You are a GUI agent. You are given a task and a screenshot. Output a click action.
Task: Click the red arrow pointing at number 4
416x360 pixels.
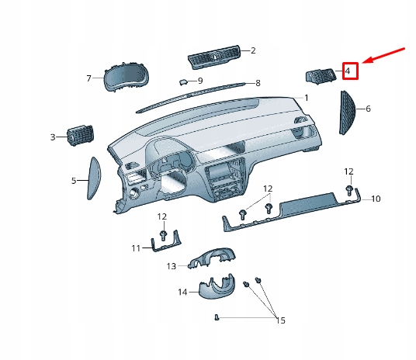click(x=385, y=57)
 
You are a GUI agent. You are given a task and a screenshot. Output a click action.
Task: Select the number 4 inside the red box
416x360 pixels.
click(x=348, y=71)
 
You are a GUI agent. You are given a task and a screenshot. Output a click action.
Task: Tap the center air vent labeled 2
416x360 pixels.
click(x=214, y=57)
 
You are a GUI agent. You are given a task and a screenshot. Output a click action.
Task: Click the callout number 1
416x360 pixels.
click(x=306, y=98)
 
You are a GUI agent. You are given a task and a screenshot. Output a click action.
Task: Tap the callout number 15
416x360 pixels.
click(x=280, y=320)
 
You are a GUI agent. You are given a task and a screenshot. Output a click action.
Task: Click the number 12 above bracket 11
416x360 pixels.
click(x=162, y=216)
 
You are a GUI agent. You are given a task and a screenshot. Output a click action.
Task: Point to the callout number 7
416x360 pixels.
click(x=89, y=78)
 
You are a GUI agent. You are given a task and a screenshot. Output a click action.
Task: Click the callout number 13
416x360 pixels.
click(x=172, y=265)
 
